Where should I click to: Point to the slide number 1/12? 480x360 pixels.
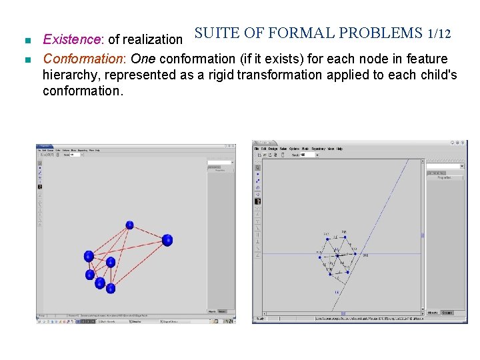[x=441, y=33]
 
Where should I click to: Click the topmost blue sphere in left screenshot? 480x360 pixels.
[x=129, y=227]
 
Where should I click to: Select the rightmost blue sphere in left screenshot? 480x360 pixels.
[x=167, y=240]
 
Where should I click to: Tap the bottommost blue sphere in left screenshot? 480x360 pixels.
[x=111, y=289]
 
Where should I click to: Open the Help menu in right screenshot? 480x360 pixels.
[x=339, y=149]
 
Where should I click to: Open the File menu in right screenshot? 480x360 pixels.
[x=256, y=149]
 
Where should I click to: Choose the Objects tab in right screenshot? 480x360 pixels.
[x=433, y=312]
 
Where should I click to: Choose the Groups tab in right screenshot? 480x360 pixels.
[x=447, y=312]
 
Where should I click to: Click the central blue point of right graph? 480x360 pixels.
[x=337, y=255]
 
